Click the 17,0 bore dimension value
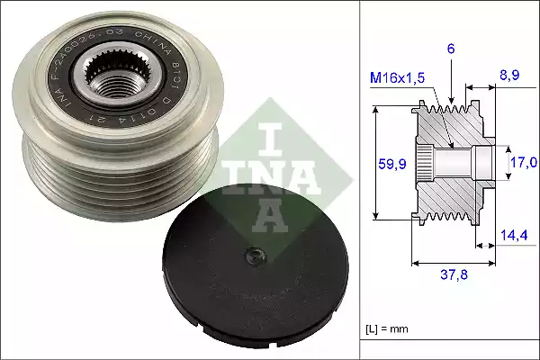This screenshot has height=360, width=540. tap(523, 163)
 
